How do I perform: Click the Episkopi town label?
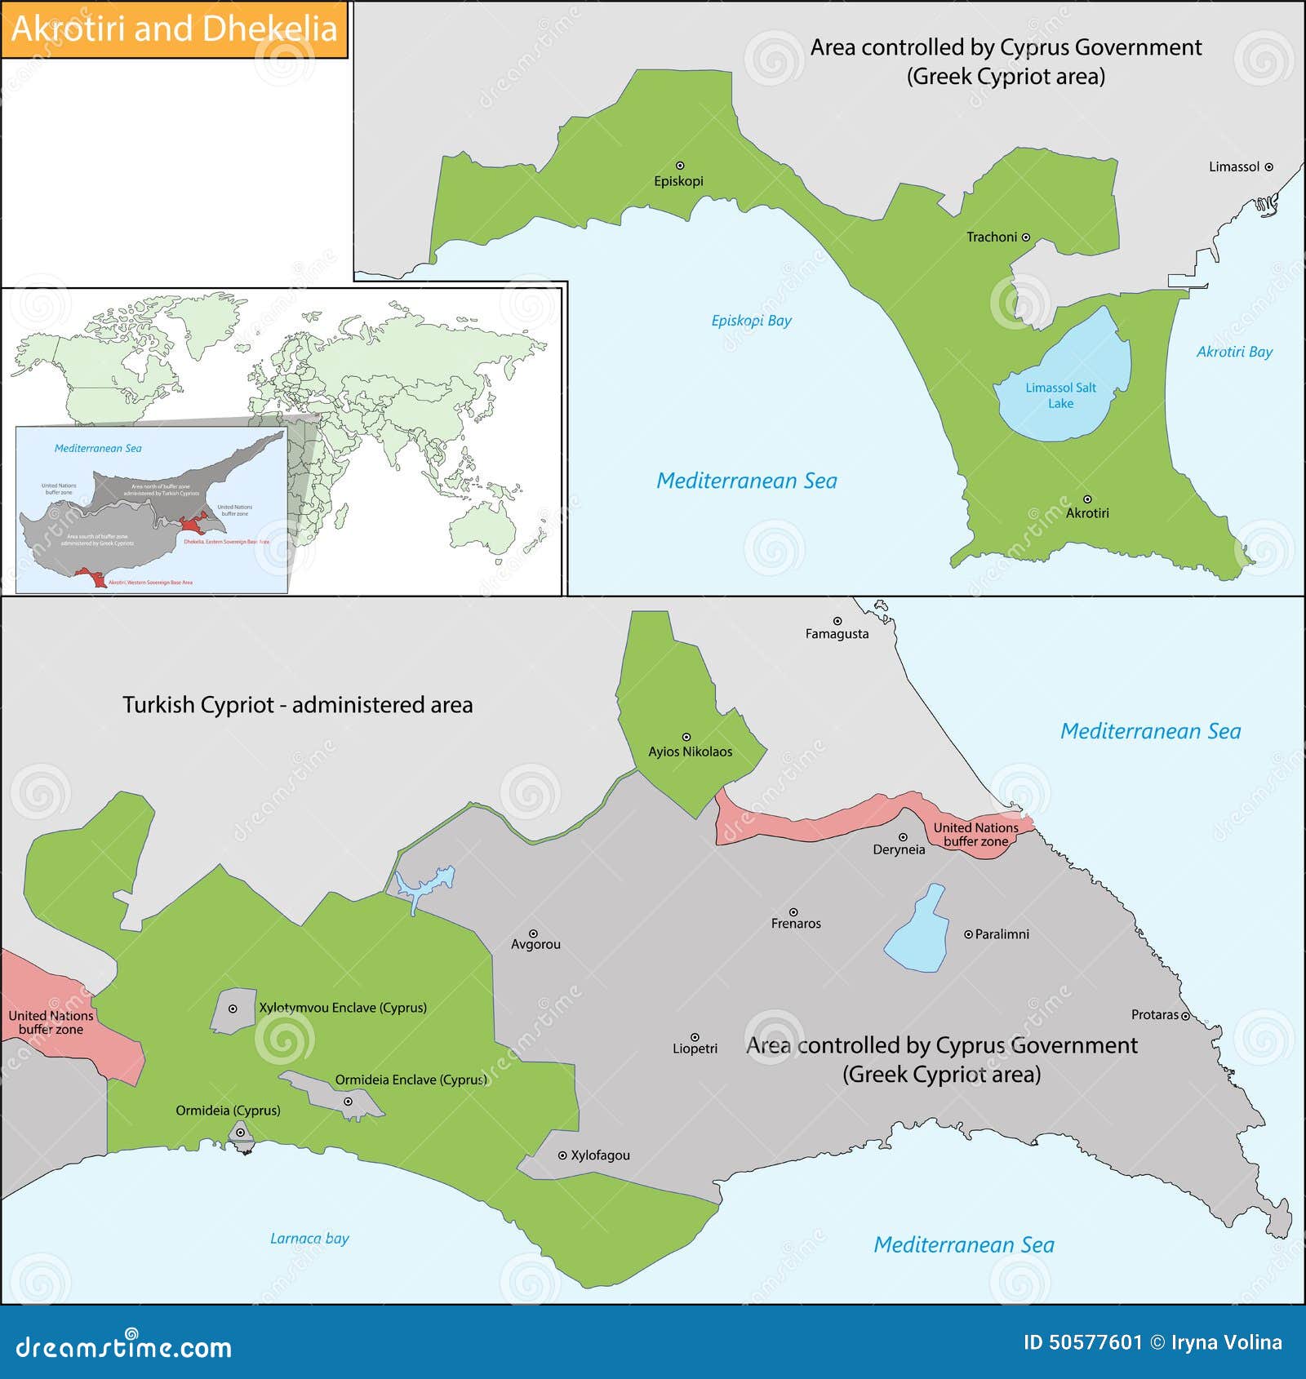pos(678,181)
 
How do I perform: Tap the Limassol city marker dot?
pos(1268,166)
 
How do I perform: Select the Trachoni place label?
pos(992,237)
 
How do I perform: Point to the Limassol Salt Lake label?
pos(1060,396)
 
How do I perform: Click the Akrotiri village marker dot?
pos(1087,499)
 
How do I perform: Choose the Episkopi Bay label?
pos(751,321)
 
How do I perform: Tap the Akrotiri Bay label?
pos(1234,352)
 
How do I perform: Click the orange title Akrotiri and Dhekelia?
pos(174,29)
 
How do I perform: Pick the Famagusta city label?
pos(837,634)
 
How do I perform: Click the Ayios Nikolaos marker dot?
pos(686,737)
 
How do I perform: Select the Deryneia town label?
pos(899,849)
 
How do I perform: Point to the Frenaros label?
pos(796,924)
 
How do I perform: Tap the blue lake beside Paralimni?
pos(918,930)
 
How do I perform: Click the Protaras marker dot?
pos(1185,1016)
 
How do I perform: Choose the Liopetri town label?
pos(695,1049)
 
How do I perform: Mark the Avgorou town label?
pos(535,945)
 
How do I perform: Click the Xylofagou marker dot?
pos(562,1155)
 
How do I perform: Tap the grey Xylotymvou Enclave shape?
pos(233,1012)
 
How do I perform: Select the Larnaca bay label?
pos(309,1239)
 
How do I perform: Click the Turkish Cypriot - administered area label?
pos(297,705)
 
